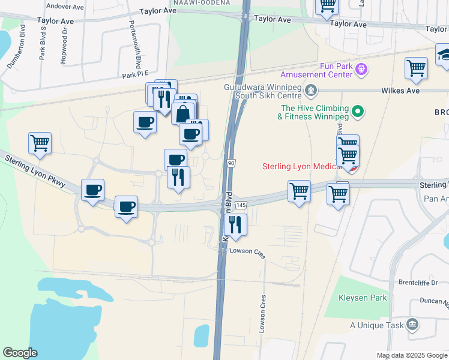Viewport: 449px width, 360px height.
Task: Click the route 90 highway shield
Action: tap(231, 163)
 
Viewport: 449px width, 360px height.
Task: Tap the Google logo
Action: tap(19, 353)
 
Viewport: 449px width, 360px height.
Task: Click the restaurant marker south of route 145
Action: tap(235, 225)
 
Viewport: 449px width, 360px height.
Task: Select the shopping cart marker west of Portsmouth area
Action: tap(40, 143)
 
